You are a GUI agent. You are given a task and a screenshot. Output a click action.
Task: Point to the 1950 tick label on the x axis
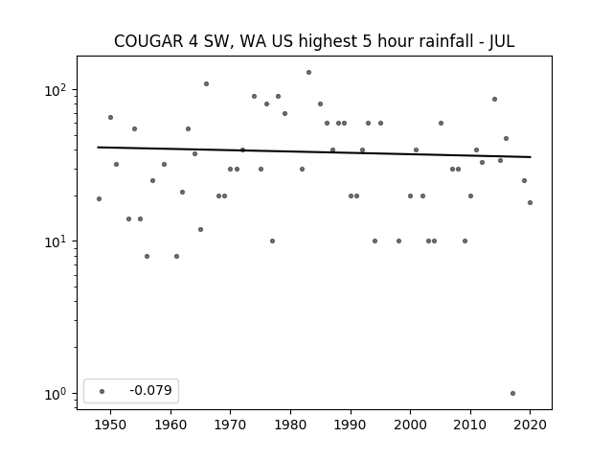[111, 425]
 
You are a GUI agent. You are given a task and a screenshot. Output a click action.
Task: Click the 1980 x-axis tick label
[290, 425]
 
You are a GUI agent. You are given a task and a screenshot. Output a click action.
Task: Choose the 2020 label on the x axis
[530, 425]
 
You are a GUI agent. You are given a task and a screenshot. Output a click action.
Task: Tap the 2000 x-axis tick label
[410, 425]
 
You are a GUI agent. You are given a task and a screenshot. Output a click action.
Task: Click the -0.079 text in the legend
[150, 390]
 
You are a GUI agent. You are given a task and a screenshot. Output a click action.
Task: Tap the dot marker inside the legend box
[102, 391]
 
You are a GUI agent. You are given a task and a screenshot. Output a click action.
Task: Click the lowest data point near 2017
[513, 394]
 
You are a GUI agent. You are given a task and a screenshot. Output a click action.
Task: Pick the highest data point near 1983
[308, 73]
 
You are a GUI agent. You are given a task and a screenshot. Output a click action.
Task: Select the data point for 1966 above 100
[207, 83]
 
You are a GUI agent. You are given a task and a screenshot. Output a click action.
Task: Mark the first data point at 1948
[99, 198]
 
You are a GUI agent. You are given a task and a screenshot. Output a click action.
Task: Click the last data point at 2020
[530, 202]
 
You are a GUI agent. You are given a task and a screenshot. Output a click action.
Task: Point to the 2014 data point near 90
[494, 100]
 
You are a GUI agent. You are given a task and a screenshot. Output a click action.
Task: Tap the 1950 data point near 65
[111, 117]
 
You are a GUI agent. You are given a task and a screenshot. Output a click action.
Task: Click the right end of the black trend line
[531, 157]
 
